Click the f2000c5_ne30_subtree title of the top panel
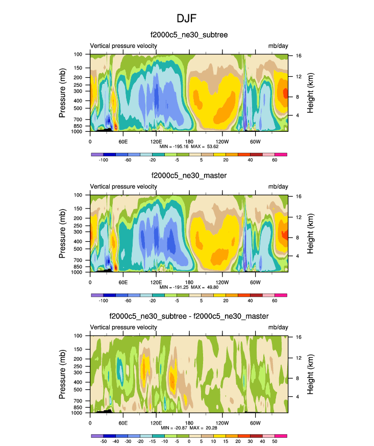click(189, 35)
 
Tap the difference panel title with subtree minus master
click(189, 317)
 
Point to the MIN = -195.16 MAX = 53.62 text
click(189, 146)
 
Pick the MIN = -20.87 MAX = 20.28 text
click(189, 428)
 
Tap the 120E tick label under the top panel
click(156, 141)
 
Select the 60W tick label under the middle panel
click(255, 282)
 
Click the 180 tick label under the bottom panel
click(189, 423)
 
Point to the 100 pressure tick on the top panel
click(79, 54)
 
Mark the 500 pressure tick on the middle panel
click(79, 249)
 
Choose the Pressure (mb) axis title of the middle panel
click(63, 233)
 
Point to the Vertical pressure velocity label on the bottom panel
click(123, 328)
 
